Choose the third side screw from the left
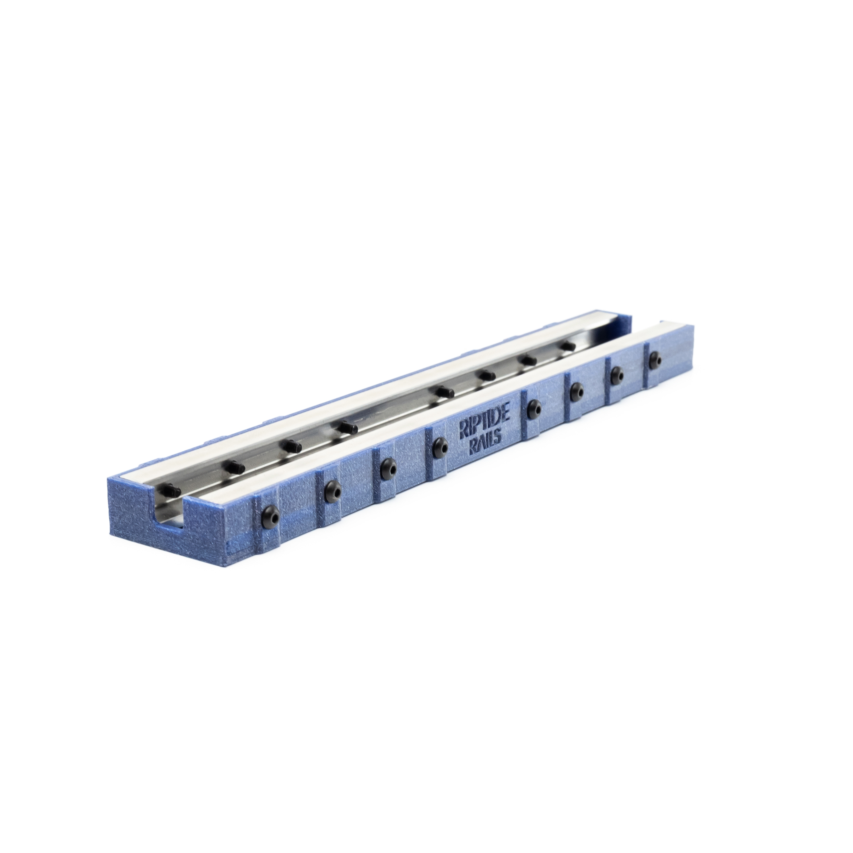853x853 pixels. point(387,466)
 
